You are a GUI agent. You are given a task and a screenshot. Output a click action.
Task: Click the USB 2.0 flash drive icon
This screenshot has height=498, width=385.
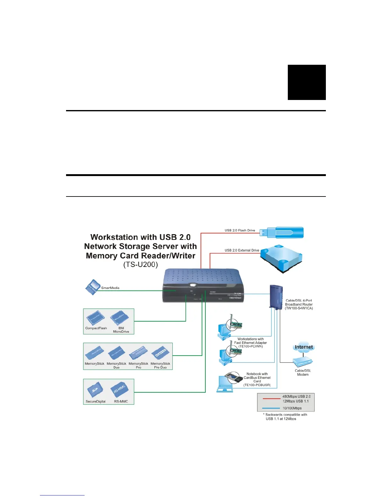pos(282,233)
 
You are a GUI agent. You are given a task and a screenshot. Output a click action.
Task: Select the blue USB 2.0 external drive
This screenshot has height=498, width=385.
pos(281,258)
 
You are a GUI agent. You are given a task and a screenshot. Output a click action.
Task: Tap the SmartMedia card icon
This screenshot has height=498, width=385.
pos(92,287)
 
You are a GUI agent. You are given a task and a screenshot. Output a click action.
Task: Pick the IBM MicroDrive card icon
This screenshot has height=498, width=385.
pos(119,318)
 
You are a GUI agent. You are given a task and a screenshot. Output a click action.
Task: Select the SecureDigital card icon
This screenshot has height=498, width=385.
pos(94,390)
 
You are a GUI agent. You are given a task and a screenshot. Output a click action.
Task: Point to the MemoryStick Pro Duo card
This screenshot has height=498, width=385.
pos(160,353)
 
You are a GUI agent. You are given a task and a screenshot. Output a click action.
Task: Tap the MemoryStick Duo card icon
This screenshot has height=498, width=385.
pos(116,353)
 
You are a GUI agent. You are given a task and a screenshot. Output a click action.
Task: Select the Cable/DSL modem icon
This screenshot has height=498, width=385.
pos(303,362)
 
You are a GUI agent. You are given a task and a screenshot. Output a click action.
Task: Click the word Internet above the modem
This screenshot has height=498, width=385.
pos(304,347)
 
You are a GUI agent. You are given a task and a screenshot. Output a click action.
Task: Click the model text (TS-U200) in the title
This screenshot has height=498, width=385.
pos(140,265)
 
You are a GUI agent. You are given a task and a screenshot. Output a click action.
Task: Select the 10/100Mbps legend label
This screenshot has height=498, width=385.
pos(292,408)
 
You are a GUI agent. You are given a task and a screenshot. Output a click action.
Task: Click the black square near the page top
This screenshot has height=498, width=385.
pos(307,82)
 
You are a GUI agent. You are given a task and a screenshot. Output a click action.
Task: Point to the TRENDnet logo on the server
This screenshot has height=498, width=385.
pos(235,298)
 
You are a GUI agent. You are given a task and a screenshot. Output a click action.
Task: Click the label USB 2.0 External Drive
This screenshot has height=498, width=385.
pos(242,250)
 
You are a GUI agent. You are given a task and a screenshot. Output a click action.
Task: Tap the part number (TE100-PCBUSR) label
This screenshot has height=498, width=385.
pos(257,385)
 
